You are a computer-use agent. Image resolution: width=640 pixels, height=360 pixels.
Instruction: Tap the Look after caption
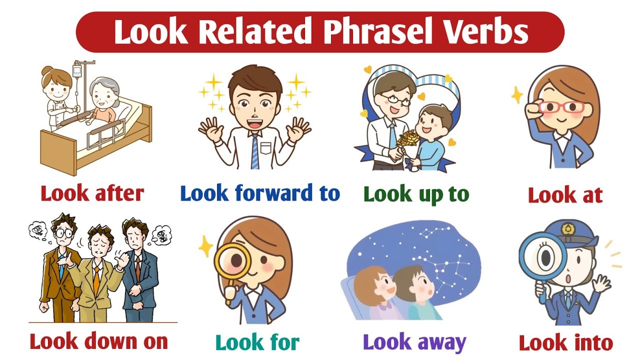[x=92, y=193]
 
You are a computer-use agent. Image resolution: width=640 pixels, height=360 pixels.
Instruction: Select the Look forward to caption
[x=259, y=193]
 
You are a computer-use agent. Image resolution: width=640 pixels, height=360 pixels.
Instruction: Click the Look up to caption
[x=416, y=195]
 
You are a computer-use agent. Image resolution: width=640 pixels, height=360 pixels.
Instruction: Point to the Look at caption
[x=565, y=195]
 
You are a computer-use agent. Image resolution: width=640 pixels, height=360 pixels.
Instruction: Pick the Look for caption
[x=257, y=342]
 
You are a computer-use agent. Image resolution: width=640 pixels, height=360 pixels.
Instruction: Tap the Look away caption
[x=414, y=342]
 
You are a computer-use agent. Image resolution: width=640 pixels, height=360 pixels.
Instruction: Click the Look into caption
[x=565, y=343]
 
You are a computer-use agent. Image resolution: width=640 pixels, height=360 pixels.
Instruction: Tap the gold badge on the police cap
[x=567, y=228]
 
